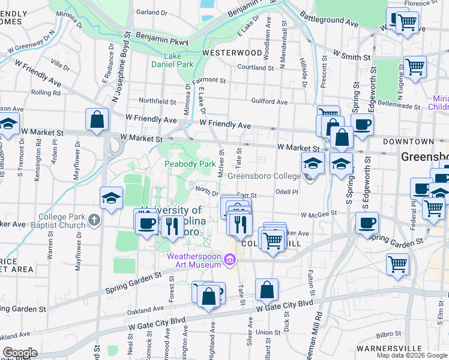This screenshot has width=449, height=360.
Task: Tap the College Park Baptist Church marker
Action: click(94, 220)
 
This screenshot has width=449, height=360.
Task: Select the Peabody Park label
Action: click(190, 164)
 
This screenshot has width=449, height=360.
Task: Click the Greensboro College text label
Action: click(264, 176)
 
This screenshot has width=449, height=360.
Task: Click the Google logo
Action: click(20, 353)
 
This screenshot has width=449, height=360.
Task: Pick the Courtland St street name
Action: click(256, 68)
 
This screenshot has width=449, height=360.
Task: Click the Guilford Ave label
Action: click(270, 102)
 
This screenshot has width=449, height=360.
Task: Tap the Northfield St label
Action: click(157, 101)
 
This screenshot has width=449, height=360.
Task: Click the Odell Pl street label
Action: click(286, 192)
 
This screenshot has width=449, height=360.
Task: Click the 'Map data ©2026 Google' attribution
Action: click(411, 355)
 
